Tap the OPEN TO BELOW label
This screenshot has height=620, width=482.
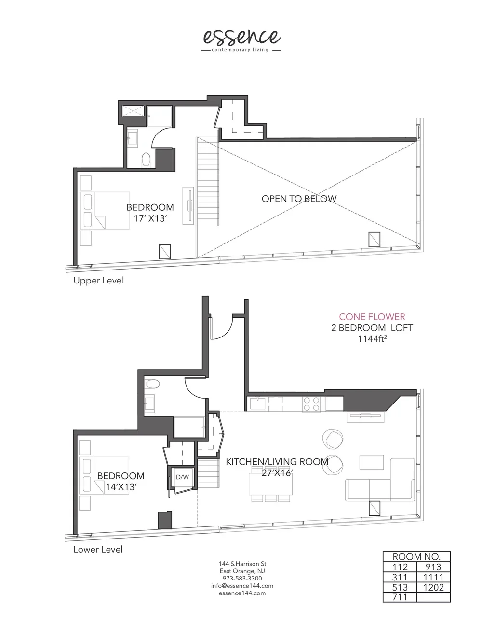299,199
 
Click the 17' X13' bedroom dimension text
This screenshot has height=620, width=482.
150,218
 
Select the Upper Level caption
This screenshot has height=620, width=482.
98,280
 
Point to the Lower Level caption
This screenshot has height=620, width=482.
98,549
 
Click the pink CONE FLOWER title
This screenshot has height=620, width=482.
372,317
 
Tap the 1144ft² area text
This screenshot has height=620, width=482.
372,339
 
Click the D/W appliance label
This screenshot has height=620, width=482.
182,477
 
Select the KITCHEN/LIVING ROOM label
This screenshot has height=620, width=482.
277,462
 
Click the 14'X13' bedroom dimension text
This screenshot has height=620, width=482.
121,487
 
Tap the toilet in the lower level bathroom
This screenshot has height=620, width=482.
154,384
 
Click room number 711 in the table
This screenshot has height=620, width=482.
400,598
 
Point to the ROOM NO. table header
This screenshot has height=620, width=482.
416,556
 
